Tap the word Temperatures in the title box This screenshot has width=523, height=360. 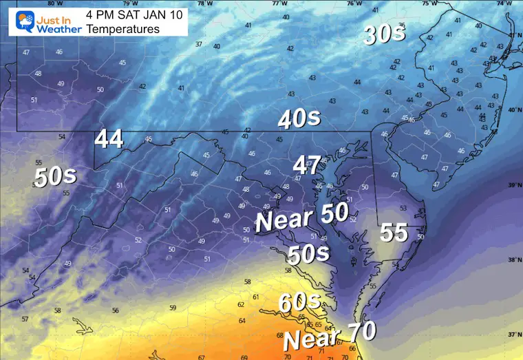tap(118, 30)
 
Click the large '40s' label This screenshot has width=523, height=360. tap(299, 119)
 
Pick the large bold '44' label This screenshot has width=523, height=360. tap(109, 139)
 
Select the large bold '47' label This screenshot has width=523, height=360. tap(308, 165)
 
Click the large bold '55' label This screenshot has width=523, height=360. tap(394, 233)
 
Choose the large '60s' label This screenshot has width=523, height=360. tap(299, 301)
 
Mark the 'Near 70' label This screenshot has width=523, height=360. tap(330, 335)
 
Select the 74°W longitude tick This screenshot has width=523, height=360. tap(504, 3)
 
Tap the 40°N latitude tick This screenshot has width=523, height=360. tap(514, 109)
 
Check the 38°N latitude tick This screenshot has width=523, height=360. tap(514, 260)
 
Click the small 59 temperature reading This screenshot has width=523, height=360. tap(173, 308)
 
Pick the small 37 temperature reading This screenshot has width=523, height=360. tap(199, 44)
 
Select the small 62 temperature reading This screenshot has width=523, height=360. tap(241, 304)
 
